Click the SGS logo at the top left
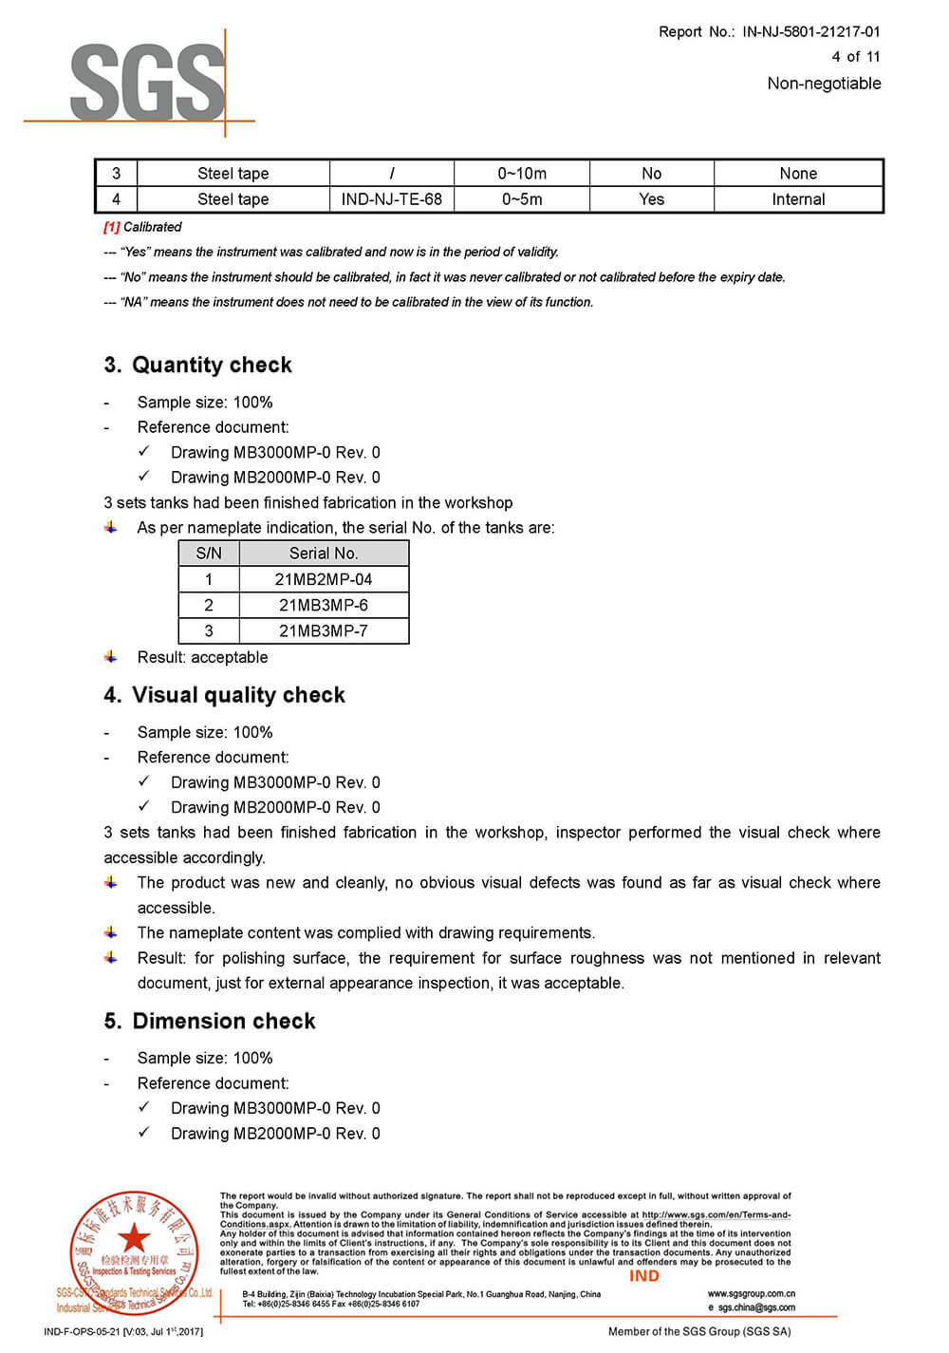click(147, 83)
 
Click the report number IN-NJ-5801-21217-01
click(811, 31)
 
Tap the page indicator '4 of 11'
click(855, 57)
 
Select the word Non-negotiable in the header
click(824, 84)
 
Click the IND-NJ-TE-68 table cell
click(392, 199)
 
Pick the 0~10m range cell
click(522, 174)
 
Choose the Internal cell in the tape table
click(798, 199)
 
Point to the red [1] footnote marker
click(112, 227)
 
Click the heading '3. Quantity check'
click(197, 366)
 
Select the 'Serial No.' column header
click(324, 554)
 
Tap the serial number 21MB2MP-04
click(324, 579)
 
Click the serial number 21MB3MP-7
click(324, 630)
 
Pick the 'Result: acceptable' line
click(202, 657)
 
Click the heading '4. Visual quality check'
click(224, 695)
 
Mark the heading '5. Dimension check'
click(210, 1022)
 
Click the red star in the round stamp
click(134, 1237)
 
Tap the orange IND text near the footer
click(644, 1276)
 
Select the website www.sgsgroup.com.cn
click(752, 1293)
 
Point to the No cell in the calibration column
click(651, 174)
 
